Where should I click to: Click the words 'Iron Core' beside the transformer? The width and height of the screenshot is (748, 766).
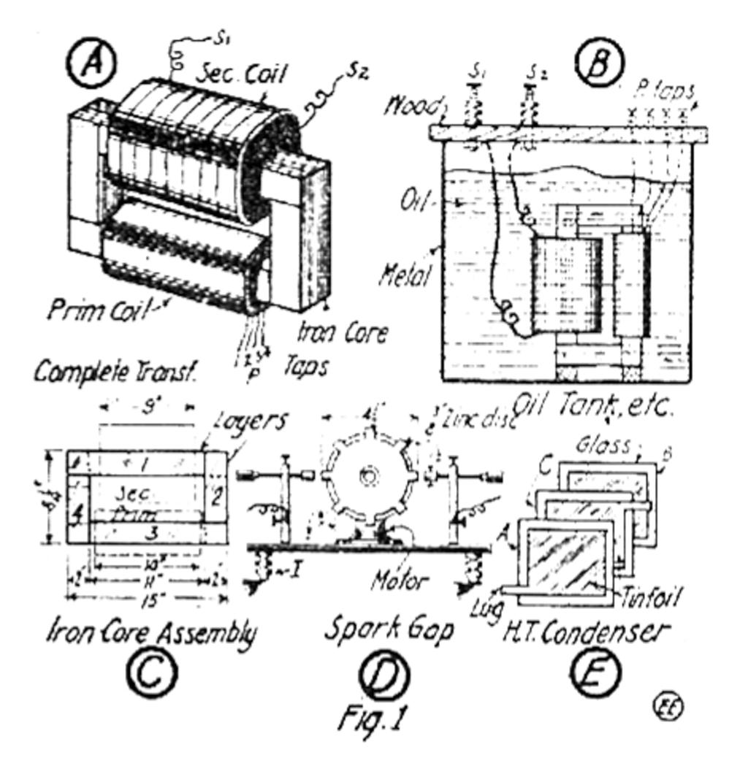click(342, 334)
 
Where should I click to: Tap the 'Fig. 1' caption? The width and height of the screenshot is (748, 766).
click(370, 719)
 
